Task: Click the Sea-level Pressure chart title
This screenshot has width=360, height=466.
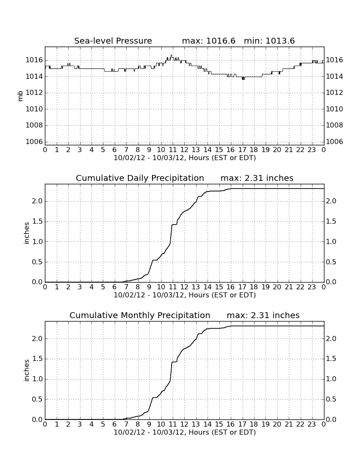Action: [113, 41]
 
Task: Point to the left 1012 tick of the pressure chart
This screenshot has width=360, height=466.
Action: [34, 93]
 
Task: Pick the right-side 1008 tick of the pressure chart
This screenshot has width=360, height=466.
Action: [335, 125]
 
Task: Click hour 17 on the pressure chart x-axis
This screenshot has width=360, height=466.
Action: [242, 150]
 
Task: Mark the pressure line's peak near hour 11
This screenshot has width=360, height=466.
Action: [172, 55]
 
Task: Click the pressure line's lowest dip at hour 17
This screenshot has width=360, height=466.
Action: [243, 79]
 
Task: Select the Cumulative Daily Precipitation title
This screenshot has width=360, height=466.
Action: [140, 178]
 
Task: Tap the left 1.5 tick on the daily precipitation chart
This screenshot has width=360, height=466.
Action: [37, 222]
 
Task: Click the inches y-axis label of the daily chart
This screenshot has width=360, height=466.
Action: [26, 233]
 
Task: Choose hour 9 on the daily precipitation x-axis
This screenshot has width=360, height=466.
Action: [150, 287]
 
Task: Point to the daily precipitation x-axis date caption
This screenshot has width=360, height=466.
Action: [185, 295]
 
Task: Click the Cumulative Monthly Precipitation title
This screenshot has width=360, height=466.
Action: [140, 315]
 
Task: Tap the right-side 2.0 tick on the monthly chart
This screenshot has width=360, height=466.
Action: [331, 338]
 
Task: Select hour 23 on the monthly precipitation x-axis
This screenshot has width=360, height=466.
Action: [312, 424]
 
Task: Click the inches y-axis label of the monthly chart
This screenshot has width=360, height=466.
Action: [26, 371]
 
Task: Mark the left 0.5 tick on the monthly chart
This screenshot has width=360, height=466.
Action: [37, 399]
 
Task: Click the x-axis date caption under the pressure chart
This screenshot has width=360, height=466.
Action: [185, 158]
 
